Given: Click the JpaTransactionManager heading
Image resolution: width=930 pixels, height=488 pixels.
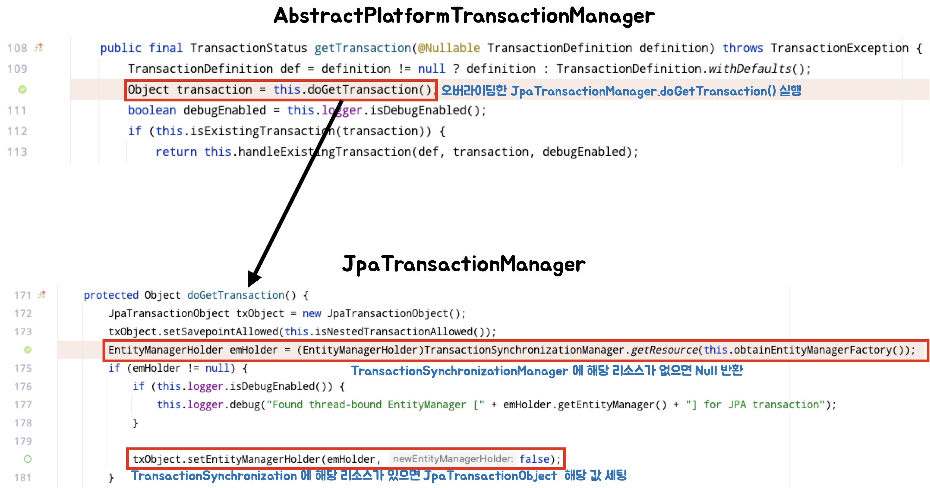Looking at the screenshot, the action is click(x=464, y=264).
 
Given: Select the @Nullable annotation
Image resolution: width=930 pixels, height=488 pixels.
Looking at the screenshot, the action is click(x=449, y=48).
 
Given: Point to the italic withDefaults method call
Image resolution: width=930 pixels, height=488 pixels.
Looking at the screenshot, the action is click(x=750, y=69).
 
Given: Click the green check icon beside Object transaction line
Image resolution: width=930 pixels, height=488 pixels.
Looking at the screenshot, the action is click(x=22, y=89).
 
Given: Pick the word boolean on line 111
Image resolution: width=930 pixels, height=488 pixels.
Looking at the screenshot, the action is click(x=152, y=110).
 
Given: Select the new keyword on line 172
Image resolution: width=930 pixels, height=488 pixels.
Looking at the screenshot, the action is click(x=312, y=313).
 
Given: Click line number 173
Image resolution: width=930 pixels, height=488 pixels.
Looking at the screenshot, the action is click(x=23, y=332).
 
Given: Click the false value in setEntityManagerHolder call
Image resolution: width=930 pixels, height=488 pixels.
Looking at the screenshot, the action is click(x=534, y=459).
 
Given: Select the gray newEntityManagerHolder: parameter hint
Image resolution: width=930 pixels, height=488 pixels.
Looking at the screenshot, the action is click(x=453, y=459).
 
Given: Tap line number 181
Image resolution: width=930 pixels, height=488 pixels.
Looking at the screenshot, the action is click(x=23, y=478).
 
